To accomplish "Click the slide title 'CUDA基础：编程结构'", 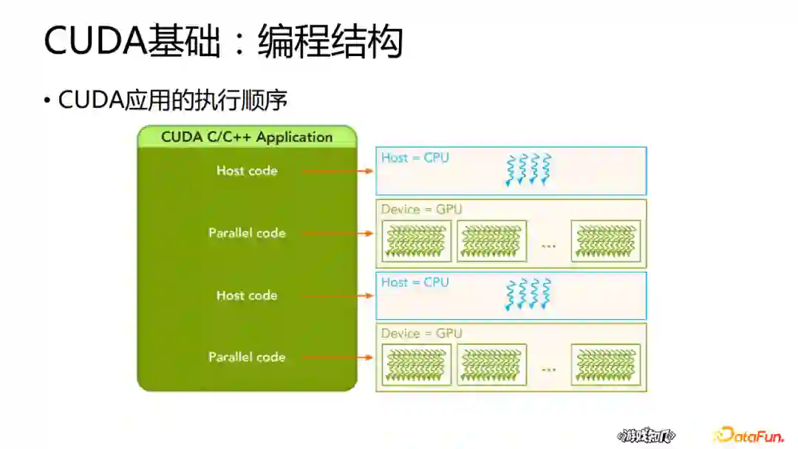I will (223, 41).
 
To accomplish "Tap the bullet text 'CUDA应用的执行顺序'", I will (172, 100).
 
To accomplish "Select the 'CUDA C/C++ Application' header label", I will (247, 137).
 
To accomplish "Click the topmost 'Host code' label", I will (247, 171).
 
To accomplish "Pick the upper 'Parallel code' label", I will (247, 233).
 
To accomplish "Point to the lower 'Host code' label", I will (247, 295).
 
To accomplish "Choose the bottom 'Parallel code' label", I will (247, 357).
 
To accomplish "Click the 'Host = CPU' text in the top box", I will (415, 157).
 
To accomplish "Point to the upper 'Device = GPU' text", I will (421, 209).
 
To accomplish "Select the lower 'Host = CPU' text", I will (415, 282).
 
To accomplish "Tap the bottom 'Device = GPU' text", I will (421, 333).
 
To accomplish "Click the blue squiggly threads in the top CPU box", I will (528, 170).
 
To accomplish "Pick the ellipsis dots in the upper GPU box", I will (548, 244).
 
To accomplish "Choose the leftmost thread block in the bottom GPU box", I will (416, 365).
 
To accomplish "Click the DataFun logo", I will (748, 435).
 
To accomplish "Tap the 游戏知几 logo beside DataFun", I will (646, 436).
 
